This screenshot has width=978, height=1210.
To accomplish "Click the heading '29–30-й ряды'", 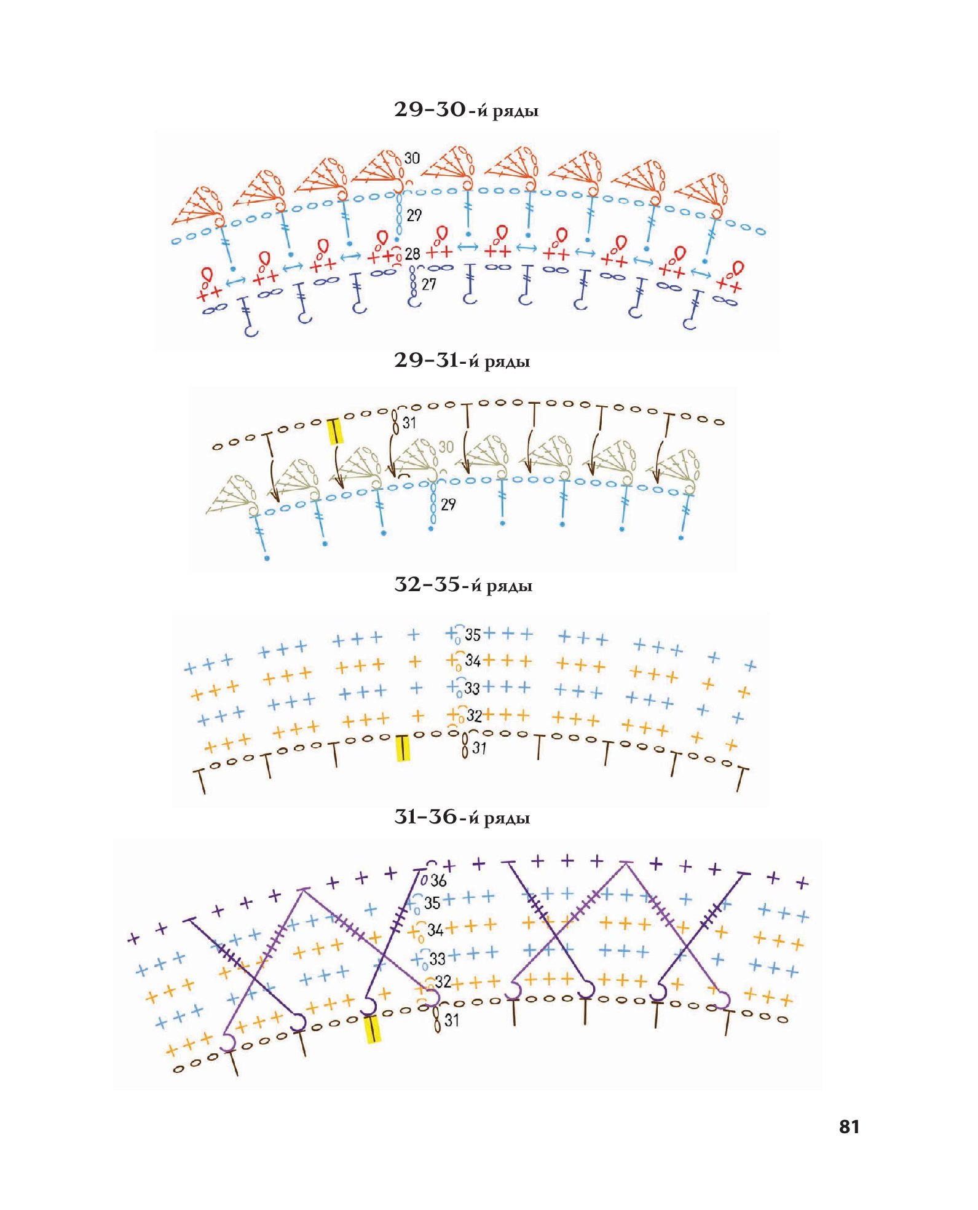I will [466, 110].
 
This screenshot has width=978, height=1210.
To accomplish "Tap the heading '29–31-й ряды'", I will [462, 361].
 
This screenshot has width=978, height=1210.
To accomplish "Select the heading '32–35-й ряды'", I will [463, 585].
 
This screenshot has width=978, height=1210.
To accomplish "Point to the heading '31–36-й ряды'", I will [462, 817].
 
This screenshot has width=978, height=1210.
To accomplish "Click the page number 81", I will [849, 1126].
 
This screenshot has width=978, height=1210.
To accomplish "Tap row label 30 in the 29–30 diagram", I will [412, 158].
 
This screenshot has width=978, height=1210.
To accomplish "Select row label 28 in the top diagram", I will [412, 253].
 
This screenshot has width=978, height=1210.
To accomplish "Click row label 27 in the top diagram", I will [428, 284].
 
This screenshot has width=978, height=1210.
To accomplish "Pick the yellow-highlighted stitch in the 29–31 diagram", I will [335, 430].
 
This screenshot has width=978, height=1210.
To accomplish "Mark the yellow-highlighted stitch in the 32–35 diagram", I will [403, 747].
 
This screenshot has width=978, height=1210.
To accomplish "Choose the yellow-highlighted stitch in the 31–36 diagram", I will [372, 1029].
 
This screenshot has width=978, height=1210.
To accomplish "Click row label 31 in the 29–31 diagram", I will [409, 423].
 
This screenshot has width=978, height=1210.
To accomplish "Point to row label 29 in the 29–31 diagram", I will [448, 505].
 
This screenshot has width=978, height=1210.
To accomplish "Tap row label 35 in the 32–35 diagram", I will [473, 635].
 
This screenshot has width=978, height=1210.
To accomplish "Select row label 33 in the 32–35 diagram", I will [471, 688].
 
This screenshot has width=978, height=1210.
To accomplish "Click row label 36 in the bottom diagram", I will [438, 881].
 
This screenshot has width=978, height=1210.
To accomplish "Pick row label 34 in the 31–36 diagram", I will [435, 930].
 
